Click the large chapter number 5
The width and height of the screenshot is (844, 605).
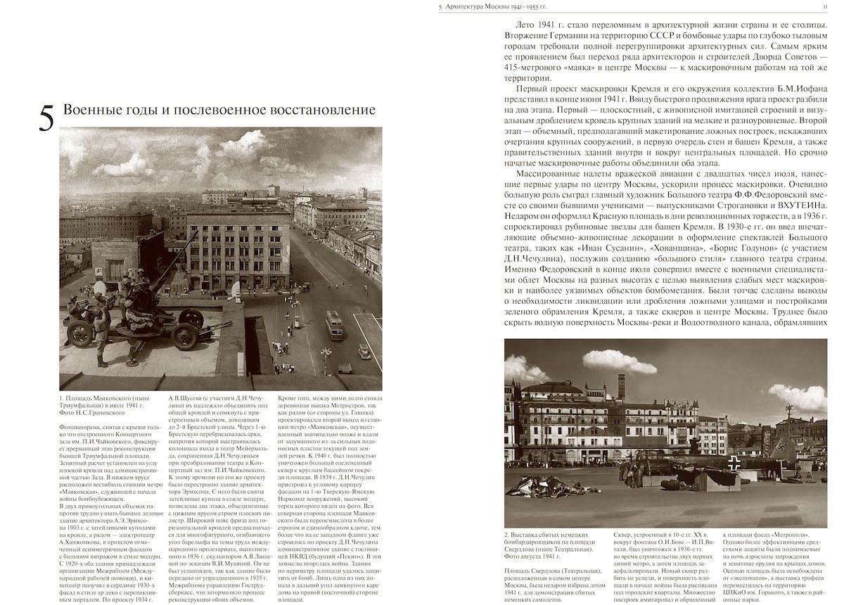pyautogui.click(x=46, y=117)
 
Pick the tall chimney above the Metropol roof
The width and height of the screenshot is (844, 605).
pyautogui.click(x=620, y=386)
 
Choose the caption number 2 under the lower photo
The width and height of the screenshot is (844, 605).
pyautogui.click(x=506, y=536)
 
